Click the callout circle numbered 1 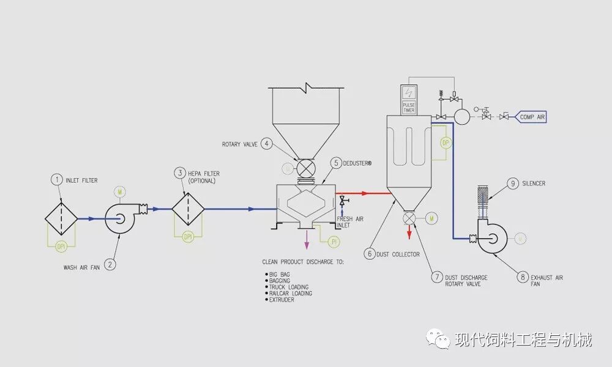tap(56, 179)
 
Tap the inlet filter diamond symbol tap(61, 217)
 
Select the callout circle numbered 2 tap(110, 264)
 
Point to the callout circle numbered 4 tap(266, 144)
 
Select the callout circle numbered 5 tap(336, 163)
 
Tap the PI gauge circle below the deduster tap(334, 242)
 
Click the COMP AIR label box tap(531, 116)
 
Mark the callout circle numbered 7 tap(437, 276)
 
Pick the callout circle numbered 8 tap(522, 277)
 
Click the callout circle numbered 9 tap(513, 183)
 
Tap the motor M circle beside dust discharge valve tap(431, 217)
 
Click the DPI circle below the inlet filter tap(61, 247)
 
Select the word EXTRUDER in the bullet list tap(281, 300)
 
